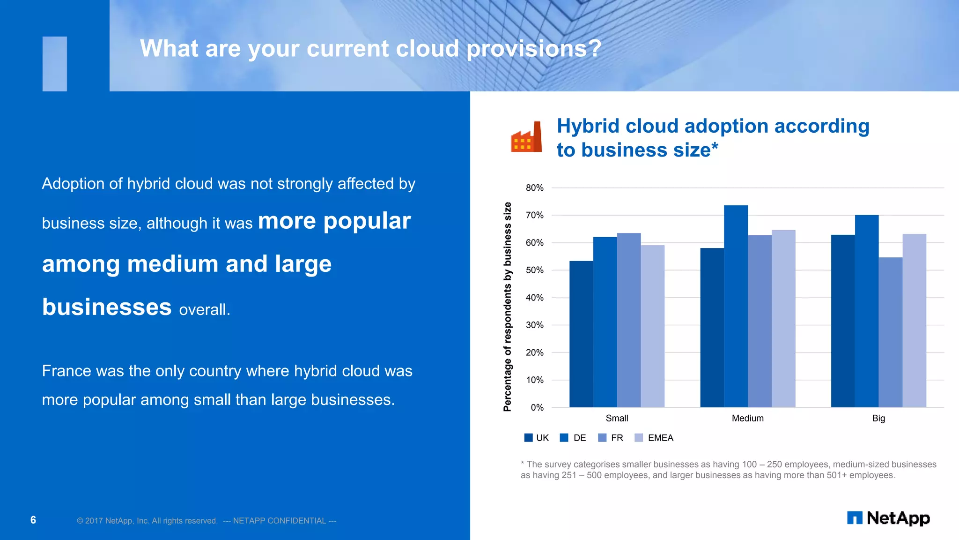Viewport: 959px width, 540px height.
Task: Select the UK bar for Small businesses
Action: pyautogui.click(x=581, y=334)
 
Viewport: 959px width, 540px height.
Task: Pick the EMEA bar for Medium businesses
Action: pyautogui.click(x=783, y=318)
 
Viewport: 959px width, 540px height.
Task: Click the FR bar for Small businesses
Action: pyautogui.click(x=629, y=320)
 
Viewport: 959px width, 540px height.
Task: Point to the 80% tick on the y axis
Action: pyautogui.click(x=534, y=188)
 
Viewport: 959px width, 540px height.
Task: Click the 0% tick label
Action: pyautogui.click(x=537, y=407)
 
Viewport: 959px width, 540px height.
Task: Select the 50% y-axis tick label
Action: pyautogui.click(x=534, y=270)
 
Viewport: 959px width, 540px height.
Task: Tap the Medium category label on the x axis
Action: pyautogui.click(x=747, y=418)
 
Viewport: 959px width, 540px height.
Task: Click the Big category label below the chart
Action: pyautogui.click(x=878, y=418)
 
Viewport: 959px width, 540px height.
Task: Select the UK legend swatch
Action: pyautogui.click(x=528, y=438)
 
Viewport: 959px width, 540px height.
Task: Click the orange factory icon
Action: pyautogui.click(x=526, y=137)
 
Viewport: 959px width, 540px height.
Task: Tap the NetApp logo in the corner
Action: pyautogui.click(x=888, y=518)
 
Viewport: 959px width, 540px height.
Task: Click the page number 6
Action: pyautogui.click(x=33, y=520)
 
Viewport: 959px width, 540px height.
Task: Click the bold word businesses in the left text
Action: pyautogui.click(x=107, y=307)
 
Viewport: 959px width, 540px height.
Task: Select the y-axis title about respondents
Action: pyautogui.click(x=507, y=307)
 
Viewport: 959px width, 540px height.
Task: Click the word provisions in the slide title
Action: pyautogui.click(x=533, y=49)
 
